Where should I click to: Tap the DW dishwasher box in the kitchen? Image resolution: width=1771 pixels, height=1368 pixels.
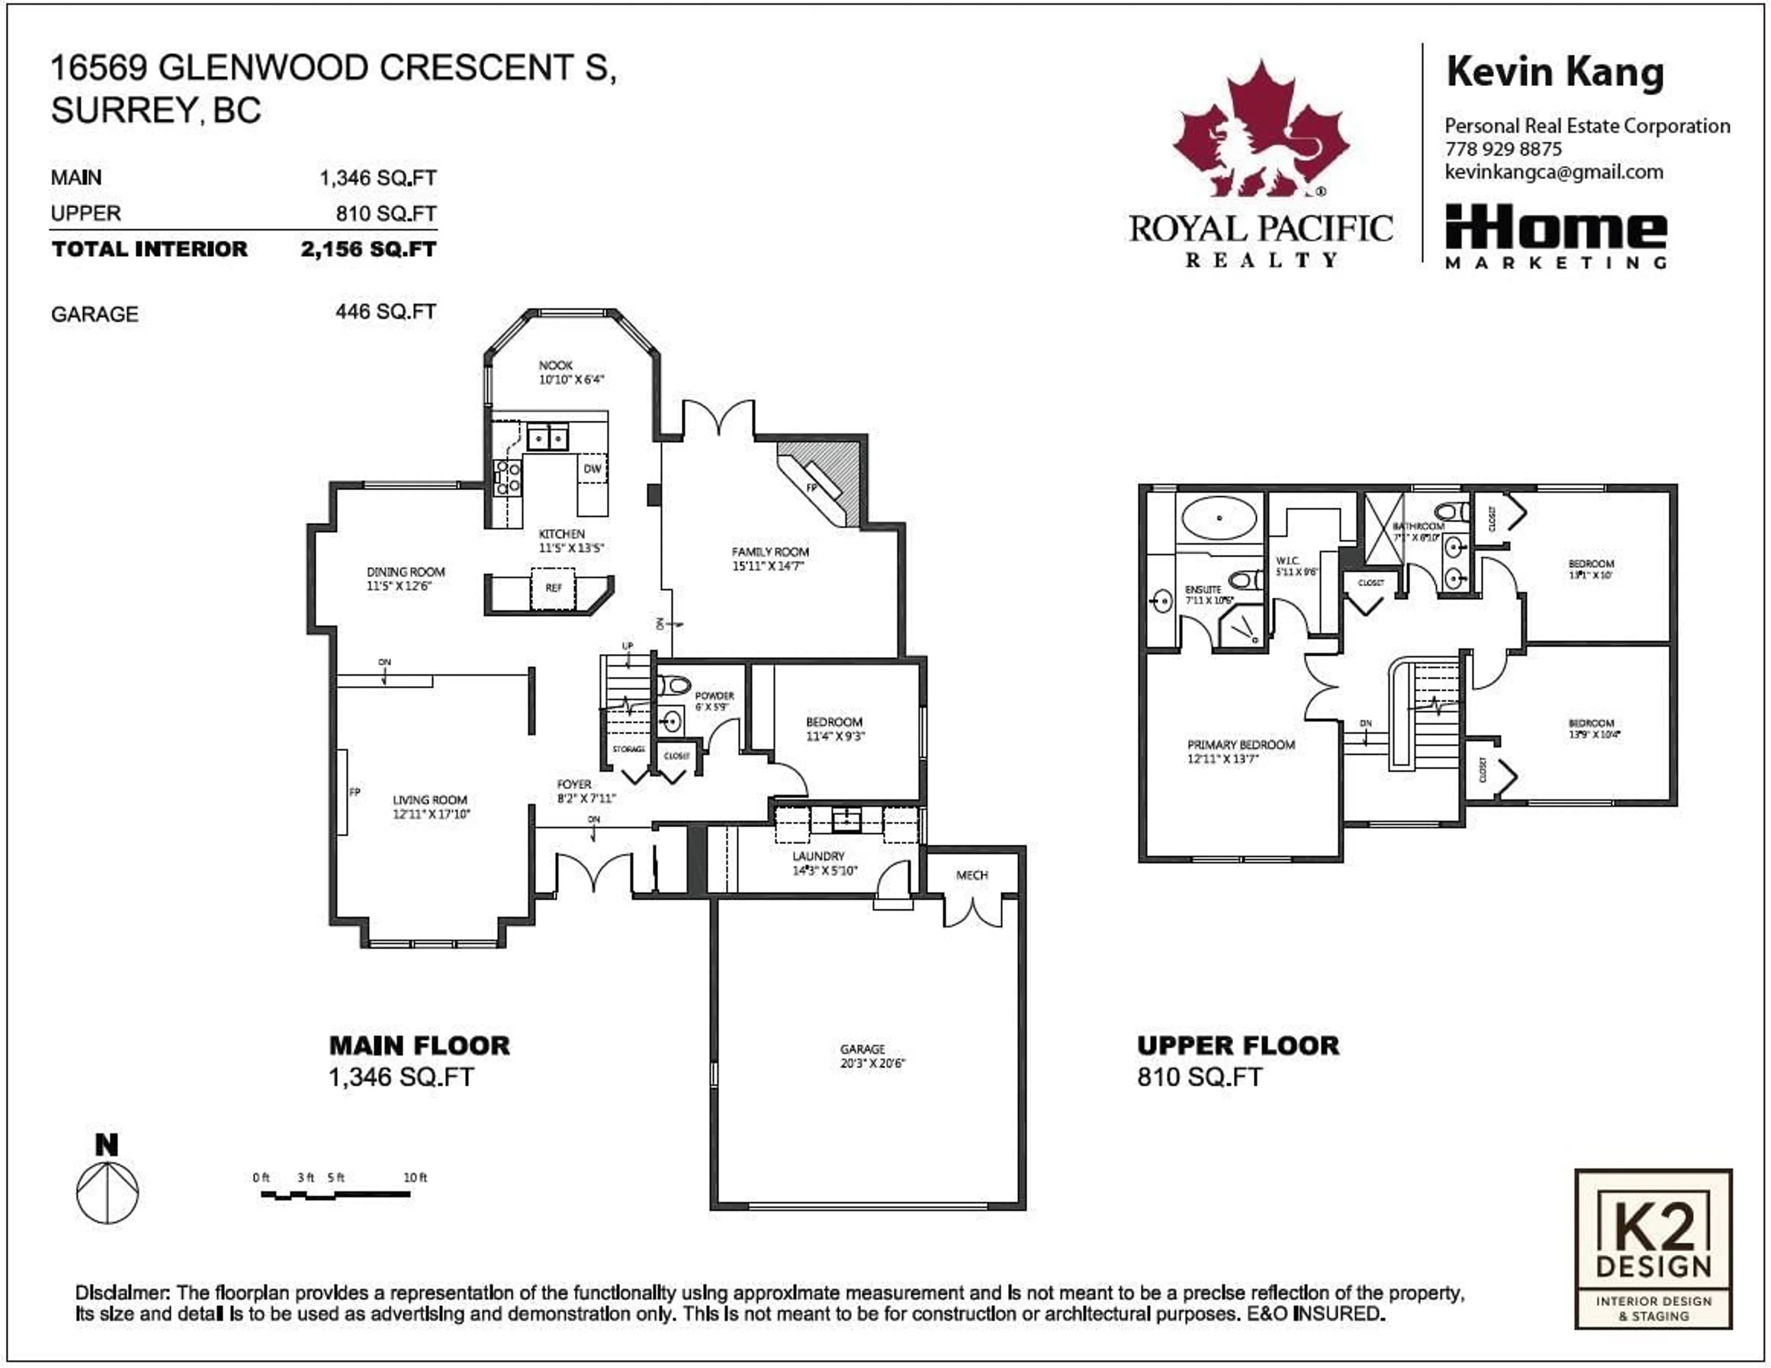tap(592, 469)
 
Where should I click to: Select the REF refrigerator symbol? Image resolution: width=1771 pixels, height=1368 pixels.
tap(553, 588)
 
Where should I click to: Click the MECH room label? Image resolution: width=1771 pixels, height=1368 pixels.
tap(971, 875)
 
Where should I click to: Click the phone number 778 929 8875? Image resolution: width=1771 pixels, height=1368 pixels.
tap(1503, 149)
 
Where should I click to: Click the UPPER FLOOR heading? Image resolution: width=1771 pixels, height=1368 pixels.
tap(1237, 1046)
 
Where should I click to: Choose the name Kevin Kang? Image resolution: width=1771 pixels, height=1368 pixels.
tap(1555, 73)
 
